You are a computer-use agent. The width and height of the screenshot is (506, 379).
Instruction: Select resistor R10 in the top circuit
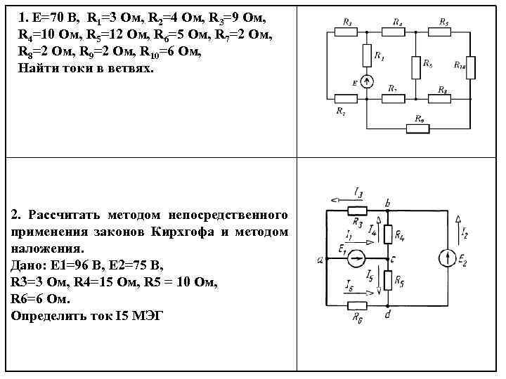[x=471, y=66]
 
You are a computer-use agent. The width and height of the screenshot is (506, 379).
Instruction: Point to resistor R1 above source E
[x=366, y=55]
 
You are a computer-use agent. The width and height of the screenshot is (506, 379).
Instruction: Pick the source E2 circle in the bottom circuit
[x=447, y=259]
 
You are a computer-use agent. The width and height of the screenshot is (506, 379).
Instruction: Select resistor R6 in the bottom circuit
[x=358, y=305]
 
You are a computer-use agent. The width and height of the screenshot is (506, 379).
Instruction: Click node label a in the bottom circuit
[x=320, y=259]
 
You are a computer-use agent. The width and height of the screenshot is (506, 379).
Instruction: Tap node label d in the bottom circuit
[x=389, y=315]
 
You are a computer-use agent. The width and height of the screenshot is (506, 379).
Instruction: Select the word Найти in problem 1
[x=37, y=69]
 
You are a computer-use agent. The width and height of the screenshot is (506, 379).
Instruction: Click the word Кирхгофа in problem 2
[x=190, y=232]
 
